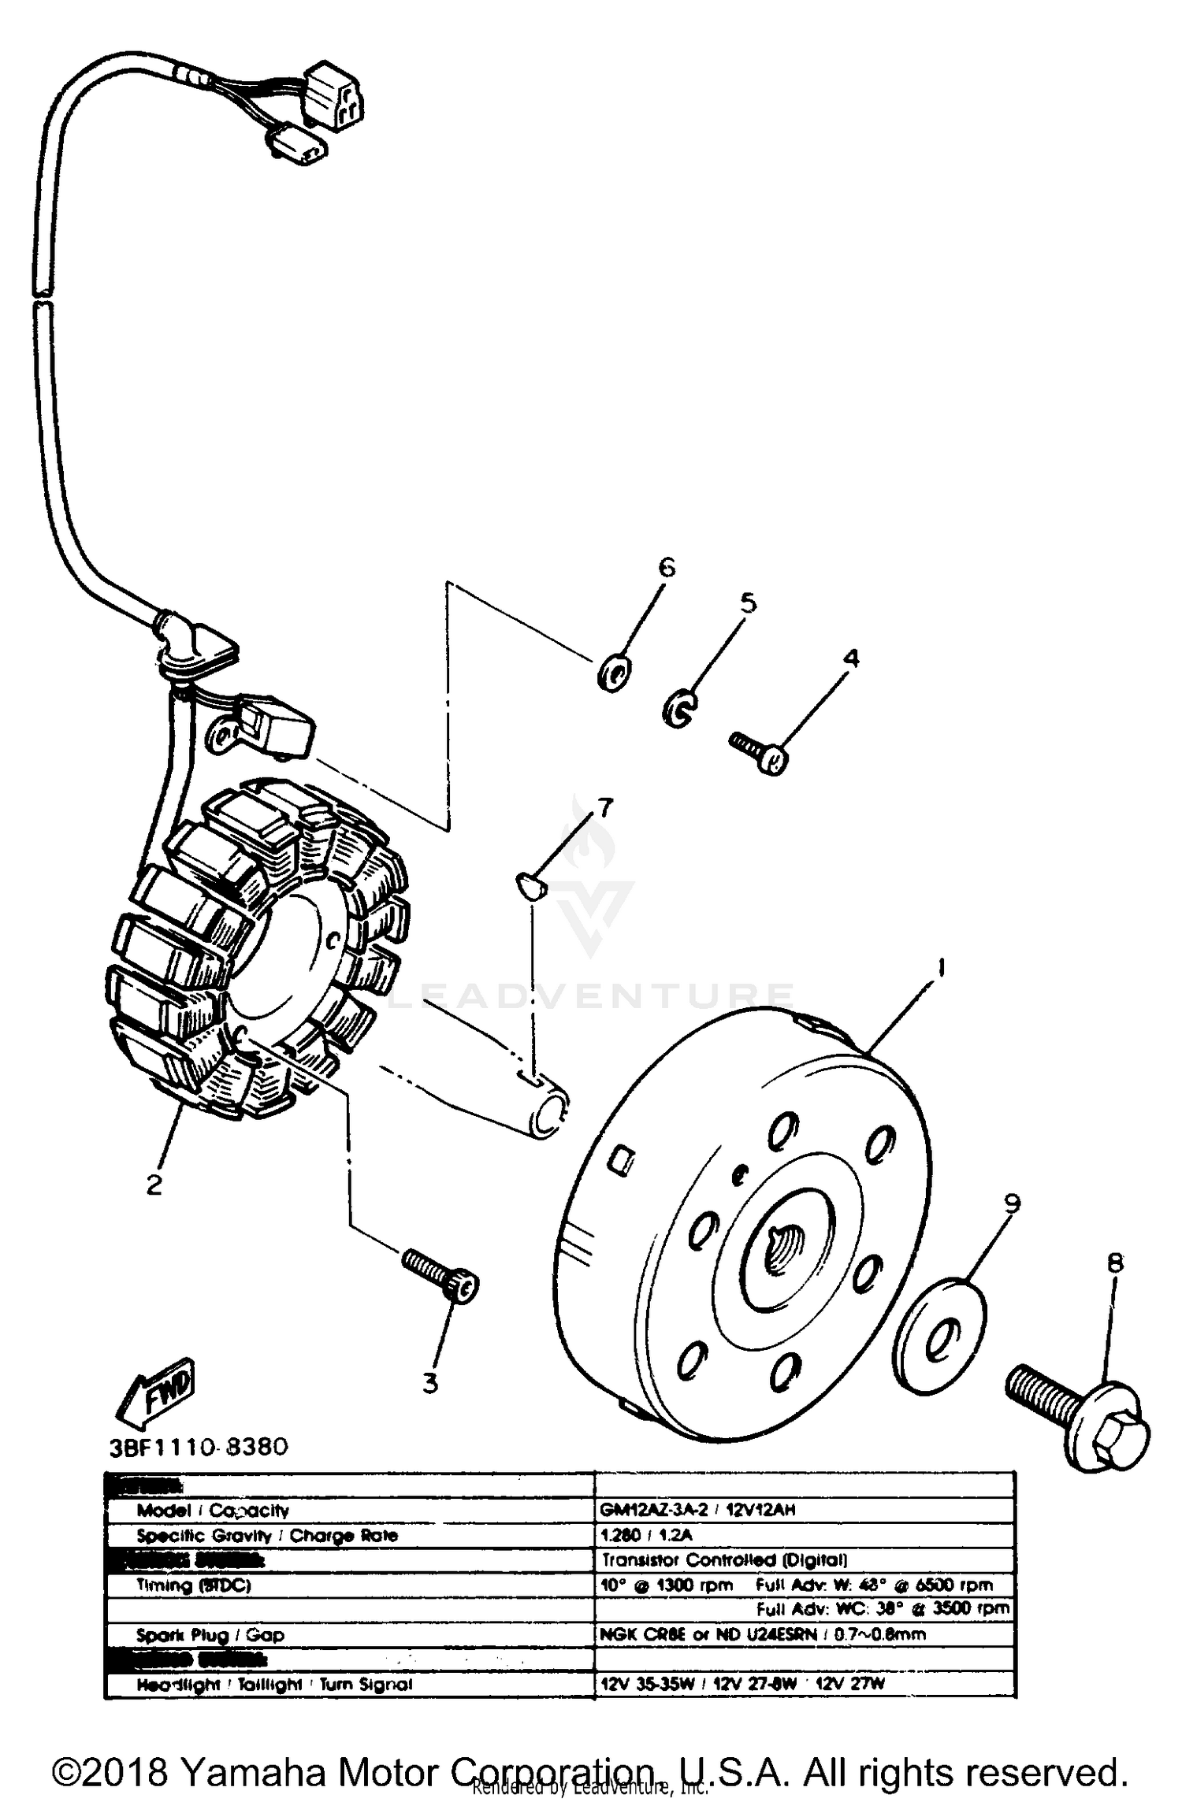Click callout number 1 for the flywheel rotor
coord(940,968)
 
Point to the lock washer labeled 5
coord(678,707)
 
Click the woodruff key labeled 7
coord(529,884)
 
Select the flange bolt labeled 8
coord(1080,1415)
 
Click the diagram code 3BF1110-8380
coord(199,1447)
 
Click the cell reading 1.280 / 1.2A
coord(646,1535)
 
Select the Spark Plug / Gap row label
coord(210,1634)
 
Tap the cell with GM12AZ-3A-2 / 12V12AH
coord(697,1510)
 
